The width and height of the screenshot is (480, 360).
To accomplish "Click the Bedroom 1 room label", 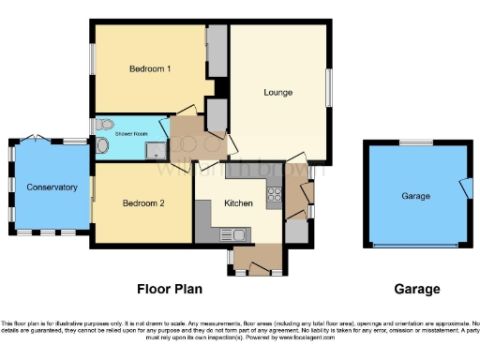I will [150, 69].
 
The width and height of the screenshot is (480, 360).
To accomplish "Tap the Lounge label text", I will [278, 93].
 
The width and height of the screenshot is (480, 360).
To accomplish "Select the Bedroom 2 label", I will [143, 203].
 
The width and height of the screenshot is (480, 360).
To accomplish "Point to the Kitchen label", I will [239, 203].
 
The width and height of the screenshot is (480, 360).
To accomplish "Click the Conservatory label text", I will [52, 187].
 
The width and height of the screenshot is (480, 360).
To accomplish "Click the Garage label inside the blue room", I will [415, 196].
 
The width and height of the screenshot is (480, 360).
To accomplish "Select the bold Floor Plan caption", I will [170, 290].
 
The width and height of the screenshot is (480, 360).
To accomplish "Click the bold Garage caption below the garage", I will [416, 290].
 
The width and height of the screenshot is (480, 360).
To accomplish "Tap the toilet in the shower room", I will [105, 125].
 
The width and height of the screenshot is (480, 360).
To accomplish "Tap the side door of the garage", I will [463, 187].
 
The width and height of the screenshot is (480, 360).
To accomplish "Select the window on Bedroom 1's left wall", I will [92, 63].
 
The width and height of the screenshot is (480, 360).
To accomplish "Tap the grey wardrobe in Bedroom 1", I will [217, 52].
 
